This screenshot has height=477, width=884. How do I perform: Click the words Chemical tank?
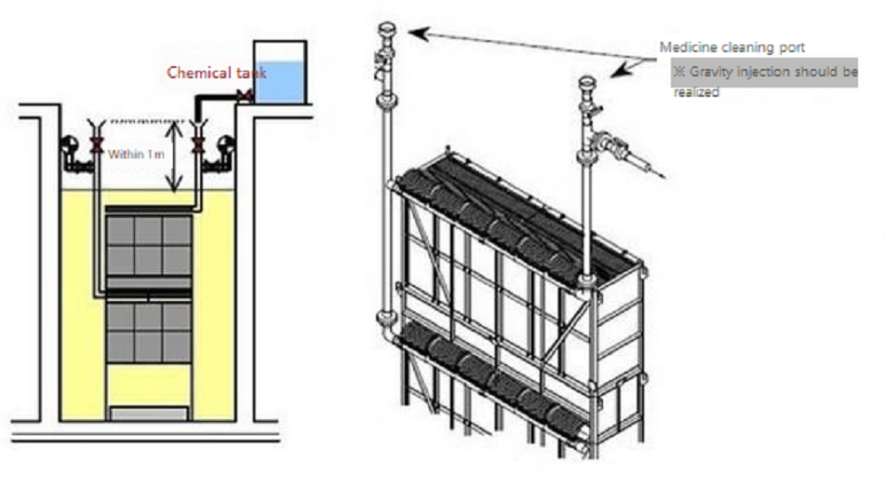pyautogui.click(x=217, y=73)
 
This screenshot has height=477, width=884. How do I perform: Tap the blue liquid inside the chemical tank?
pyautogui.click(x=280, y=82)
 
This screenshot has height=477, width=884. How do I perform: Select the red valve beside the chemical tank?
pyautogui.click(x=244, y=97)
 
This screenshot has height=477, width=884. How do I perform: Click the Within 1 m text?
pyautogui.click(x=136, y=154)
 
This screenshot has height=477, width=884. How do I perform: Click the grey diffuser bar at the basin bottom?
pyautogui.click(x=149, y=414)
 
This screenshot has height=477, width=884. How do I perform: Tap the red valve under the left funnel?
pyautogui.click(x=97, y=145)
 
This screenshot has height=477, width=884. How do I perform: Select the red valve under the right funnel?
pyautogui.click(x=197, y=145)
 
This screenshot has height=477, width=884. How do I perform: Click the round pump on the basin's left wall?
pyautogui.click(x=70, y=145)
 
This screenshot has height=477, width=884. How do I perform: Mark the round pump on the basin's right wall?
pyautogui.click(x=225, y=145)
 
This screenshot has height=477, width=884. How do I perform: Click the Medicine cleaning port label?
pyautogui.click(x=731, y=48)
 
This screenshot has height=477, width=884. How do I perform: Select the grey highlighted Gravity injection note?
pyautogui.click(x=765, y=73)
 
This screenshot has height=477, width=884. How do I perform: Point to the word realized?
pyautogui.click(x=696, y=92)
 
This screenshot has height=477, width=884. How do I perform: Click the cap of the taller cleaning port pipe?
pyautogui.click(x=387, y=28)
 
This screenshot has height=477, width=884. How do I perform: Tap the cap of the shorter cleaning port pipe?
pyautogui.click(x=587, y=82)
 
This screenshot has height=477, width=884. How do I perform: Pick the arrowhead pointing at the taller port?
pyautogui.click(x=418, y=34)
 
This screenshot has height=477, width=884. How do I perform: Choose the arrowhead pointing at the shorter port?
pyautogui.click(x=620, y=71)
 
